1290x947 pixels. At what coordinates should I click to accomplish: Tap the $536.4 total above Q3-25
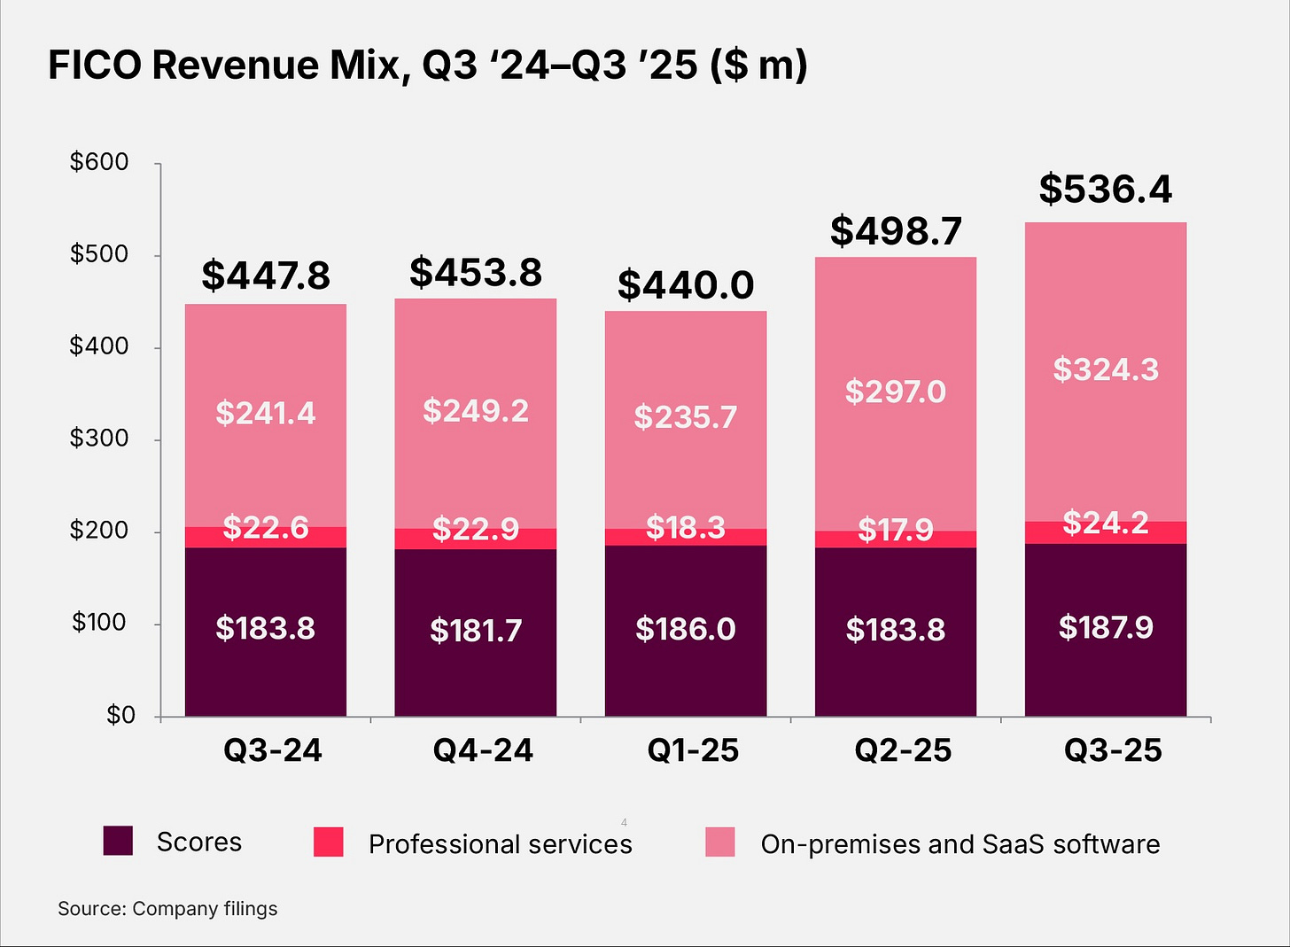click(1105, 190)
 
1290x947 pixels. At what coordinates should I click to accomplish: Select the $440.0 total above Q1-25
click(685, 285)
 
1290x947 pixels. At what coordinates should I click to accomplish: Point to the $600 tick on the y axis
click(99, 162)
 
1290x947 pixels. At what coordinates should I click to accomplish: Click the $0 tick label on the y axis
click(120, 715)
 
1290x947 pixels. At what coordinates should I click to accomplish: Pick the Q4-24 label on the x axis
click(483, 750)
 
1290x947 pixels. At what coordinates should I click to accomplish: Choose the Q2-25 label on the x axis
click(902, 750)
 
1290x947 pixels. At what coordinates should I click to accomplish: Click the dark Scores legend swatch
click(118, 841)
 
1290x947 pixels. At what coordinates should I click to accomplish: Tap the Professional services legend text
click(500, 844)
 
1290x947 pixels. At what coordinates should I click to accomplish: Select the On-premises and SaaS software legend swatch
click(719, 842)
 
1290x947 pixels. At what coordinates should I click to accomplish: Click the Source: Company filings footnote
click(167, 909)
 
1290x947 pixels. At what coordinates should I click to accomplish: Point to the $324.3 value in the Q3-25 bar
click(1105, 369)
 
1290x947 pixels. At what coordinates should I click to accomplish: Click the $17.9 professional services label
click(895, 530)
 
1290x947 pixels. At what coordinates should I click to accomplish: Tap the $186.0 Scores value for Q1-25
click(685, 629)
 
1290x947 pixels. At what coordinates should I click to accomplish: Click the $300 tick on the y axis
click(99, 439)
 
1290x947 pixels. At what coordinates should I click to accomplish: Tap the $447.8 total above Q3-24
click(266, 276)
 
